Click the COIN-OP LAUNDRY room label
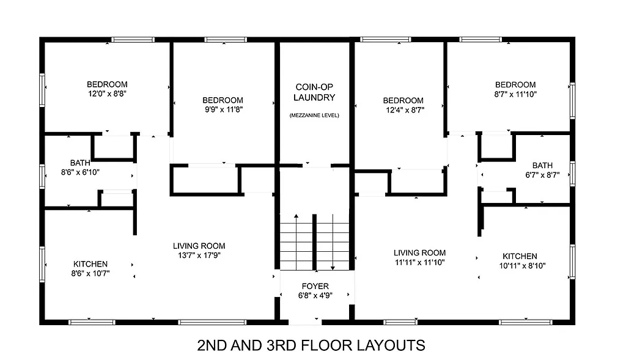pos(315,92)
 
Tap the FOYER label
pos(315,286)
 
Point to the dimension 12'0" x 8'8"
pos(107,94)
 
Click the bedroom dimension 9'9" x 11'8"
pos(223,110)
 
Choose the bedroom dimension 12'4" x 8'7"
pos(403,110)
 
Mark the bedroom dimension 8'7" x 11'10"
pos(515,94)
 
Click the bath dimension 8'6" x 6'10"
pos(79,172)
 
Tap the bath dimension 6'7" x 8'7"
pos(542,175)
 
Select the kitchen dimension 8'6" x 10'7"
pos(89,274)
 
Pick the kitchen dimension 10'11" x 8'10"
pos(520,266)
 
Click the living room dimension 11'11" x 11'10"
pos(419,262)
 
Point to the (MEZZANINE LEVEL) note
pos(314,116)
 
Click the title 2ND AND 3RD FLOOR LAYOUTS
pos(311,345)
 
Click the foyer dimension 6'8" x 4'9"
pos(315,296)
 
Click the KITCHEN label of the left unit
pos(89,264)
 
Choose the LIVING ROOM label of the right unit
pos(419,252)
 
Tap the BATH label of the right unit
pos(542,165)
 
